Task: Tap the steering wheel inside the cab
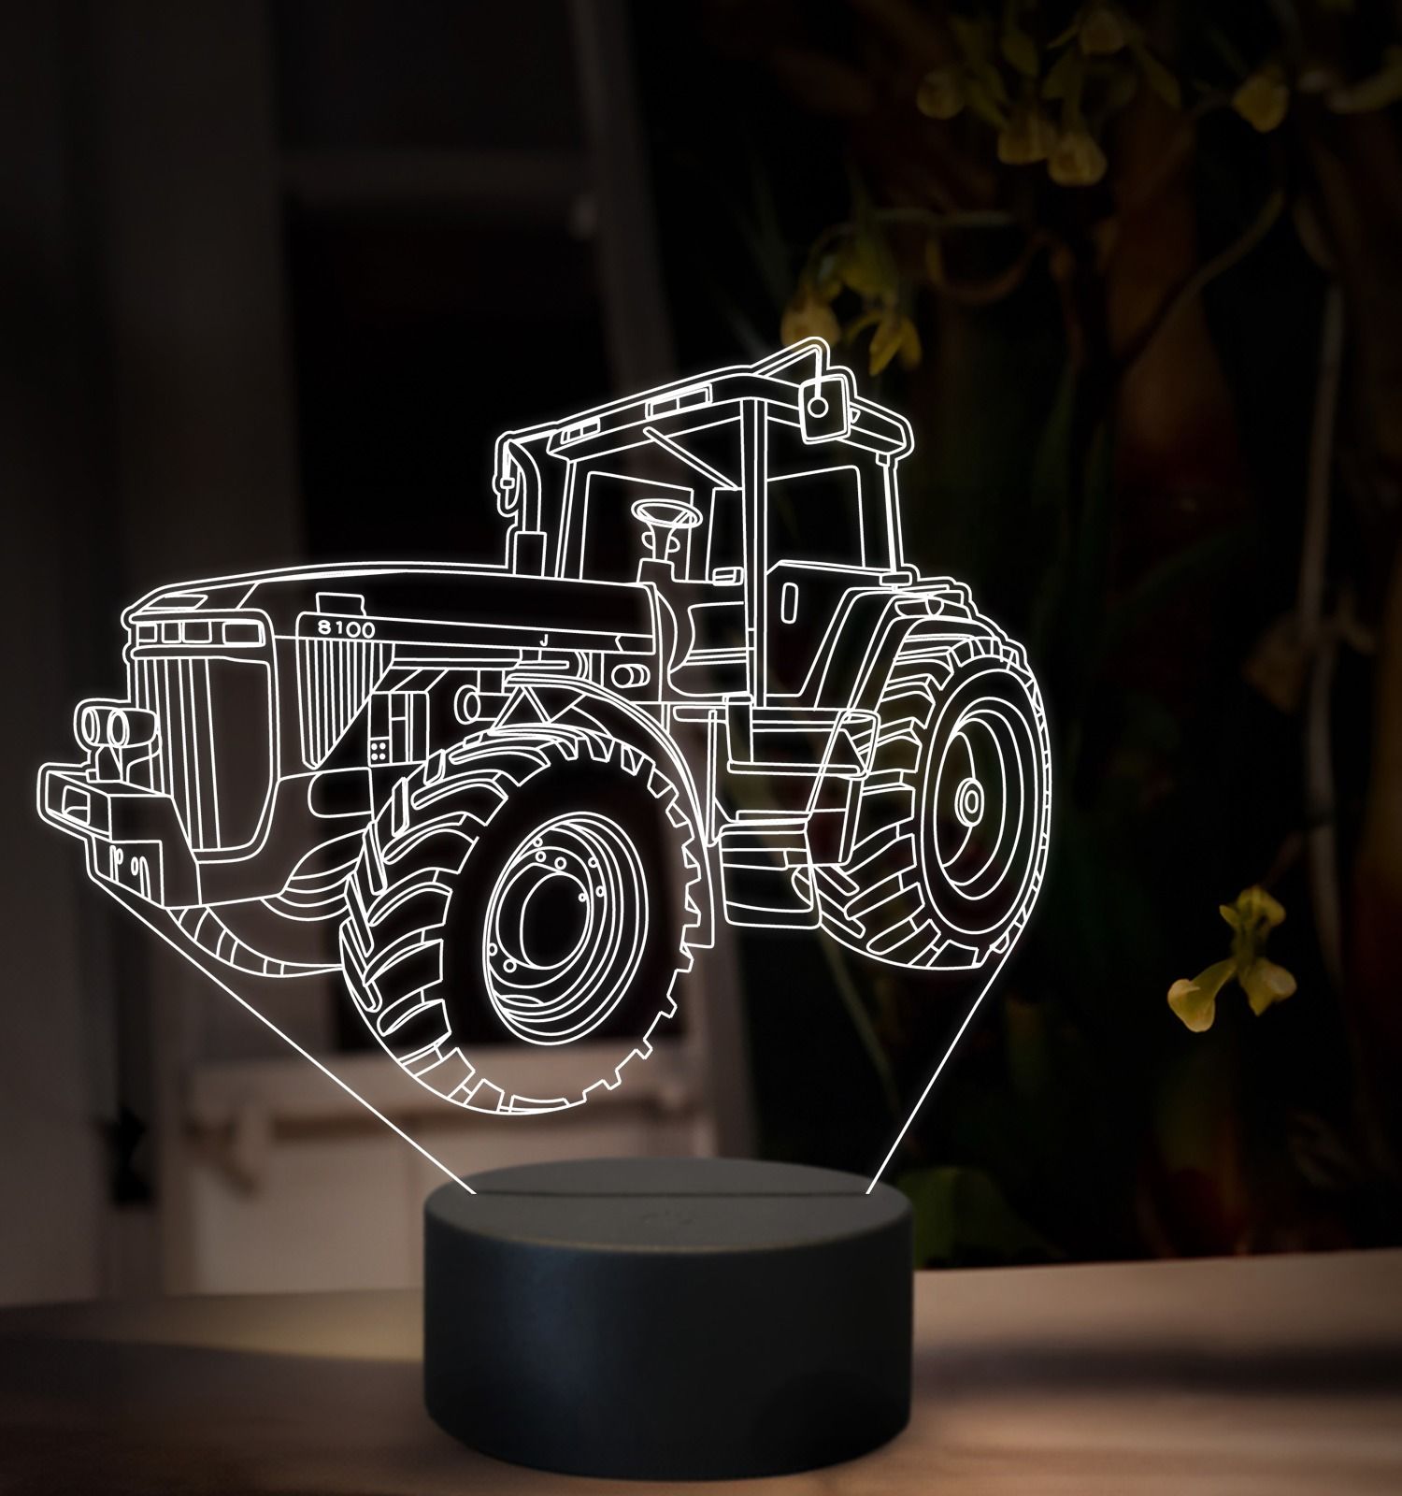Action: click(x=665, y=513)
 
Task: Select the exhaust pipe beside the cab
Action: click(x=522, y=505)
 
